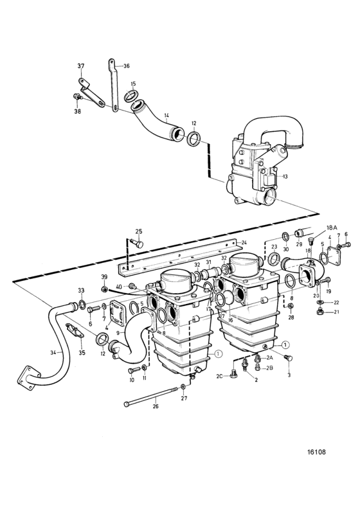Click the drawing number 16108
(x=316, y=452)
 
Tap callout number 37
(x=80, y=66)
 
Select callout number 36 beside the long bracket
(x=126, y=66)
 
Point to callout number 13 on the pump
(x=285, y=177)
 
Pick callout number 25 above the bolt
(x=139, y=231)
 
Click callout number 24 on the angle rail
(x=244, y=242)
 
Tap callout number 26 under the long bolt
(x=156, y=406)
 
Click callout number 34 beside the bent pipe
(x=53, y=352)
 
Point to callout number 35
(x=82, y=353)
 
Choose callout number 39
(x=104, y=276)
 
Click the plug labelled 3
(x=288, y=358)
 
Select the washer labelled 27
(x=183, y=386)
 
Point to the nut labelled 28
(x=291, y=306)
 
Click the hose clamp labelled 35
(x=74, y=330)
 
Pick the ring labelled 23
(x=275, y=260)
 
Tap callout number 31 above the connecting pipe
(x=208, y=262)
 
